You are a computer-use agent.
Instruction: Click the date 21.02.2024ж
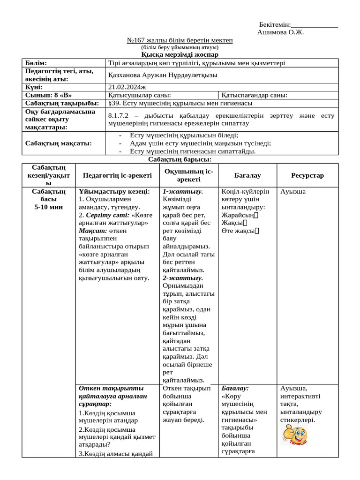pyautogui.click(x=127, y=87)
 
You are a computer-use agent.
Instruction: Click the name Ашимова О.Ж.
pyautogui.click(x=281, y=32)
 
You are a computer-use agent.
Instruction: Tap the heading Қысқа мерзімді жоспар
pyautogui.click(x=180, y=54)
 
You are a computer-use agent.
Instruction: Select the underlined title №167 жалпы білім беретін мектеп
pyautogui.click(x=180, y=40)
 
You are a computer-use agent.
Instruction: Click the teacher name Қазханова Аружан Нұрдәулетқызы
pyautogui.click(x=163, y=75)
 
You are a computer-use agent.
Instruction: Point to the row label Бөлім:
pyautogui.click(x=36, y=63)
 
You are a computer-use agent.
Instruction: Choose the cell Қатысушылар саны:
pyautogui.click(x=139, y=95)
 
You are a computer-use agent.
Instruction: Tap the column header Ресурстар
pyautogui.click(x=307, y=175)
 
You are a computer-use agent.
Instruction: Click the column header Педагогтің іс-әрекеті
pyautogui.click(x=117, y=175)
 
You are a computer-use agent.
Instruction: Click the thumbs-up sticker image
pyautogui.click(x=294, y=436)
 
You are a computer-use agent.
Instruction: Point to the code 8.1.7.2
pyautogui.click(x=119, y=115)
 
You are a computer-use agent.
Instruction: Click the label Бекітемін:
pyautogui.click(x=275, y=24)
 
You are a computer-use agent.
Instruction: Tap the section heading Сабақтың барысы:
pyautogui.click(x=180, y=160)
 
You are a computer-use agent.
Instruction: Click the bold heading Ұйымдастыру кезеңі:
pyautogui.click(x=114, y=192)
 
